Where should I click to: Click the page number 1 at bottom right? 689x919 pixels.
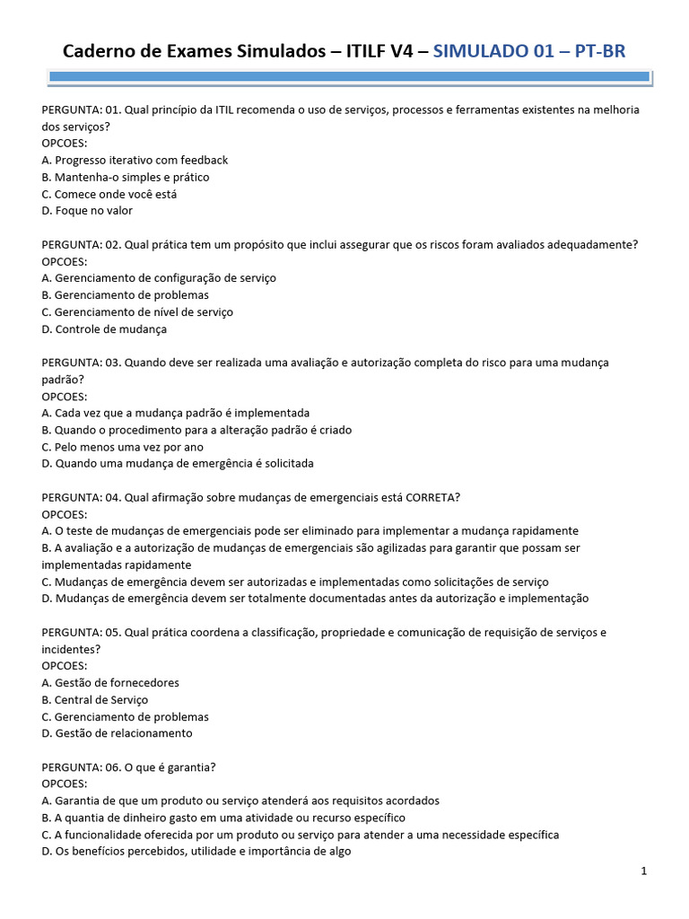click(x=644, y=871)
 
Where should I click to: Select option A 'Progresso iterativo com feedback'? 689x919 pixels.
click(x=135, y=160)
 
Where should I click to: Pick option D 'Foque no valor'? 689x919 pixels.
click(x=87, y=211)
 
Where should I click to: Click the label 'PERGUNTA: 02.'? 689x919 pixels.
click(x=81, y=244)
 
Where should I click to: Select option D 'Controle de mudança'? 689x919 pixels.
click(x=104, y=328)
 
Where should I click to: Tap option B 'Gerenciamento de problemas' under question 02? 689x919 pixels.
click(x=125, y=294)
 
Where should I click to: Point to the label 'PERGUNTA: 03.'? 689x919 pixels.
click(x=81, y=363)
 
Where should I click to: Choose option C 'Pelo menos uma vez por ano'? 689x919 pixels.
click(x=122, y=447)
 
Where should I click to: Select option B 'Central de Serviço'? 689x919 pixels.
click(x=94, y=699)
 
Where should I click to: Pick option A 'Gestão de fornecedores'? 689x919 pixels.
click(x=110, y=682)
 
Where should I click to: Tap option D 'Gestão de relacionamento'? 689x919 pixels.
click(x=117, y=733)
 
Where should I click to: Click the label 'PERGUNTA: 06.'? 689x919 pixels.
click(x=81, y=766)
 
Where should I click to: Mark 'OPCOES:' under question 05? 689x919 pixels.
click(x=65, y=666)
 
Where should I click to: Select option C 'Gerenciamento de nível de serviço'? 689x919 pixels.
click(x=137, y=311)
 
